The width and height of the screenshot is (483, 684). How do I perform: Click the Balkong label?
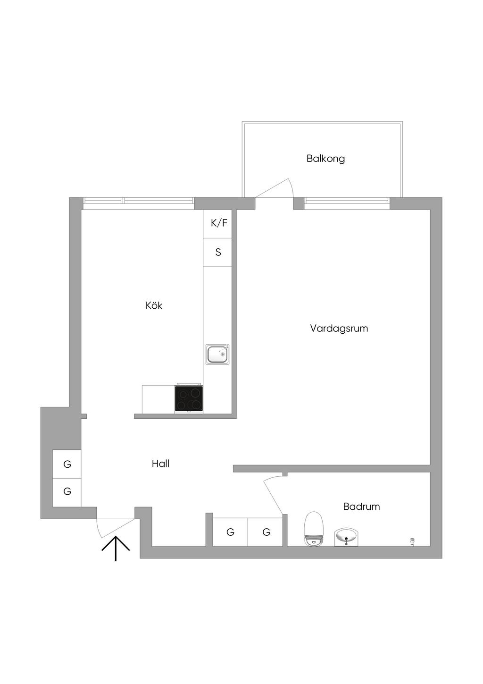pos(325,159)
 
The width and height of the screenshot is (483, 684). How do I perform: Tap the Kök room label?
pos(154,305)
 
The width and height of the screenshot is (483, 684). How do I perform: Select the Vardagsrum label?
pos(339,329)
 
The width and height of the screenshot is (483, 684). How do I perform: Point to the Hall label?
pos(160,464)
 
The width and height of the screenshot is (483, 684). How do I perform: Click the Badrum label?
pos(361,507)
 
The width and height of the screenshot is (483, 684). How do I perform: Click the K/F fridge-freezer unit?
pos(218,224)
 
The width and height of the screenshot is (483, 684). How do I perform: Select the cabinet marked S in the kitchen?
pos(218,252)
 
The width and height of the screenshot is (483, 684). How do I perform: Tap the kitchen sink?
pos(217,354)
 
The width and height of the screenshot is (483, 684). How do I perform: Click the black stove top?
pos(189,398)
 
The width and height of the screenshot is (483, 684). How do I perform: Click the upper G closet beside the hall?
pos(67,464)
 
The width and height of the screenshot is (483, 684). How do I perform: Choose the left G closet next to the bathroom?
pos(230,532)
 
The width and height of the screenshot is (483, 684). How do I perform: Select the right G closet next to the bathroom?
pos(266,532)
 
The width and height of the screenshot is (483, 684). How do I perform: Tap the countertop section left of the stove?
pos(158,399)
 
